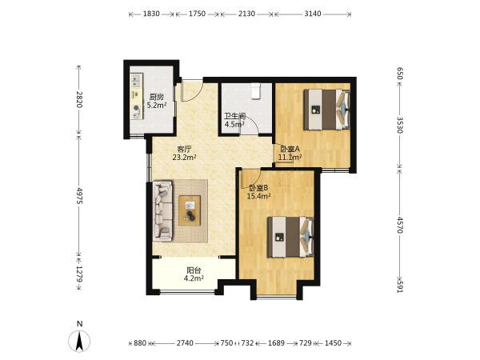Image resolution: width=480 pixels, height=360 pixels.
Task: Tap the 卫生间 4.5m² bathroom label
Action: click(x=234, y=120)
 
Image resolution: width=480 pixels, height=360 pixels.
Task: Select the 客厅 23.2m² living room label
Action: click(x=184, y=154)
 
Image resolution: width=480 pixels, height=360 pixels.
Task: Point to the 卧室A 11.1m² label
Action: click(x=290, y=153)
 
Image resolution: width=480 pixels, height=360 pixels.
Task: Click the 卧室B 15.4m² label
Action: click(x=258, y=192)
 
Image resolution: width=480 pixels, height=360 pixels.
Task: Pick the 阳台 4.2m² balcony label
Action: click(x=194, y=274)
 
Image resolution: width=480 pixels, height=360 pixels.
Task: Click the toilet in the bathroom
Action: click(x=255, y=91)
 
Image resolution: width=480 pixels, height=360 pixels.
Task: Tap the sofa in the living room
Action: click(x=163, y=210)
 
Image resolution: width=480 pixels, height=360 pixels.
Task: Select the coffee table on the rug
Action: click(x=190, y=210)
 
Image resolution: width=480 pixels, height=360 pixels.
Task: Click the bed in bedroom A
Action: click(x=326, y=110)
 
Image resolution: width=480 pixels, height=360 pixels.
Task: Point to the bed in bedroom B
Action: click(x=290, y=237)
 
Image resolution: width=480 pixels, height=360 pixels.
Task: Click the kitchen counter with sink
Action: click(x=137, y=96)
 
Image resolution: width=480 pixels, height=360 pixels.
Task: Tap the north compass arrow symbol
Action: click(x=79, y=341)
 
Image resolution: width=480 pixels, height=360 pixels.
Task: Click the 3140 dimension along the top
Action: click(x=313, y=14)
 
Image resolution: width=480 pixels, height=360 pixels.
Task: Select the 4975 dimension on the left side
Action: click(x=79, y=196)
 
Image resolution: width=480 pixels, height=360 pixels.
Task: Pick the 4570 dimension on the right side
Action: click(x=399, y=225)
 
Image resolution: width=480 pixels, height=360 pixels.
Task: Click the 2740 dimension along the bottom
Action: click(x=185, y=343)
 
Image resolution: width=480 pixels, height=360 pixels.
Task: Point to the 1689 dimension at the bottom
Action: click(x=276, y=343)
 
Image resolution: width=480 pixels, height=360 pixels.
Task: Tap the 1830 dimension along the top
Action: click(x=151, y=14)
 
